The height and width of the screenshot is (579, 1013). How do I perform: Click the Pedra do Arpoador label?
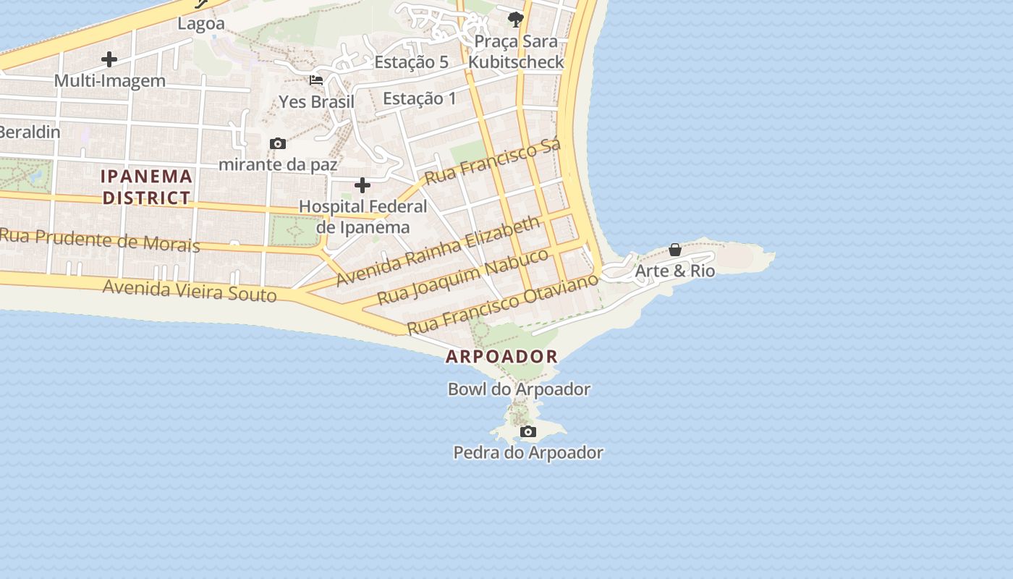point(528,453)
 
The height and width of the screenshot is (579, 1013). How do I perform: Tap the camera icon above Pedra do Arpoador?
point(528,432)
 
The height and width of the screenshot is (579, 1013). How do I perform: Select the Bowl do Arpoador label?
point(519,389)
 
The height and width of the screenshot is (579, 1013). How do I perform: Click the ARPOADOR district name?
point(501,356)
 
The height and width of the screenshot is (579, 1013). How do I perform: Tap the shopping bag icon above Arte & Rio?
point(675,250)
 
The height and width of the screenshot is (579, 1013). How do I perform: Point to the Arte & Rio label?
point(674,271)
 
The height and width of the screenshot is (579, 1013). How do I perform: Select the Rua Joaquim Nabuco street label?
point(463,276)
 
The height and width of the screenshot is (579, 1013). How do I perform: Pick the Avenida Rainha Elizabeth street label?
point(438,250)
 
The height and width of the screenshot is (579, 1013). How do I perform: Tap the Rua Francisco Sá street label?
point(492,162)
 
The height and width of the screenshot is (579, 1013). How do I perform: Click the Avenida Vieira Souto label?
point(190,290)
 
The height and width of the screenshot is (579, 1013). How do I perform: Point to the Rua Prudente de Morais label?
point(100,240)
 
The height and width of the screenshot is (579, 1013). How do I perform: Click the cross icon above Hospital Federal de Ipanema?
point(363,186)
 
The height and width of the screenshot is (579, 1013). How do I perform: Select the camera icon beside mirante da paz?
point(277,144)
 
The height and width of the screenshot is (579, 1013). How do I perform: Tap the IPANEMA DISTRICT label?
point(146,187)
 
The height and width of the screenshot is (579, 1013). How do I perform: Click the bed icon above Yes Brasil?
point(316,80)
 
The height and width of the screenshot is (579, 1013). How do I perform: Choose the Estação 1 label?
point(420,98)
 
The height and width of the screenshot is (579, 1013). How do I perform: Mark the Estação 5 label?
point(411,62)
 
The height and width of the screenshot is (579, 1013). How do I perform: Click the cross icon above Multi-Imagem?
point(109,59)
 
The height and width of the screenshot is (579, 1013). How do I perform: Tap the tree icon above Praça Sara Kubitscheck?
point(515,20)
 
